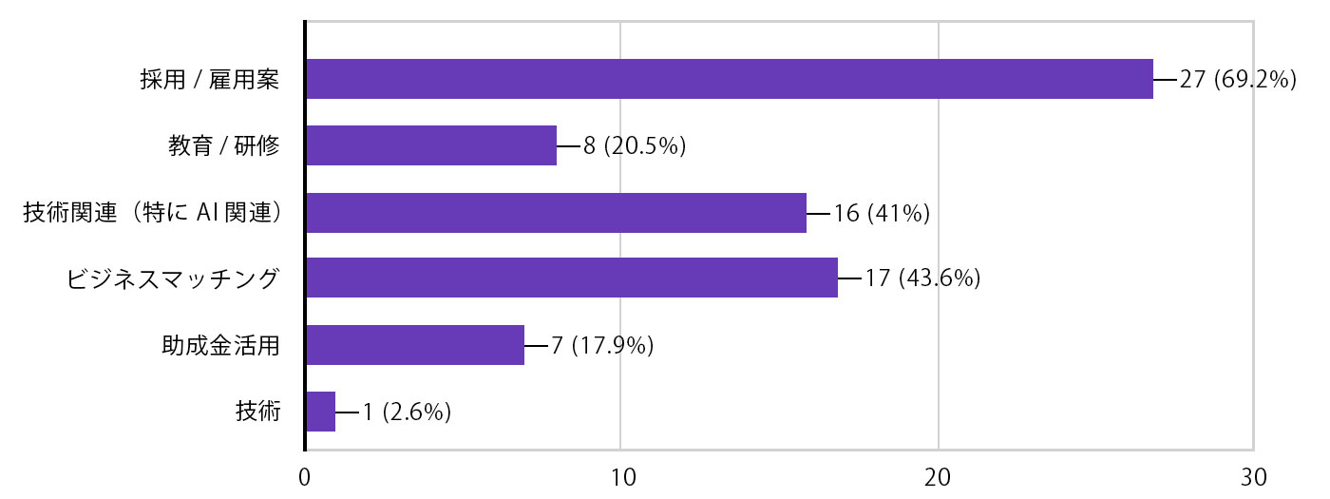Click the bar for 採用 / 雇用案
[x=730, y=80]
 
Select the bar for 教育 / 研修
[x=431, y=146]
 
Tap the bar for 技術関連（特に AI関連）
[x=556, y=213]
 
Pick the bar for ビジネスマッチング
[x=572, y=278]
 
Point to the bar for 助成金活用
[x=415, y=345]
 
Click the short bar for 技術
[x=320, y=412]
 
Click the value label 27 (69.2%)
[x=1238, y=80]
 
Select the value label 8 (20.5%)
[x=635, y=146]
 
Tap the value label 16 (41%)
[x=881, y=213]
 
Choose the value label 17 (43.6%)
[x=922, y=278]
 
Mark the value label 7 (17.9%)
[x=602, y=345]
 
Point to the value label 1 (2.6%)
[x=406, y=412]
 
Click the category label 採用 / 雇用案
[x=209, y=80]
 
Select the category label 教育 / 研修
[x=223, y=146]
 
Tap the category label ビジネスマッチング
[x=174, y=278]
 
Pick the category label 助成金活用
[x=220, y=345]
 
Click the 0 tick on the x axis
[x=305, y=477]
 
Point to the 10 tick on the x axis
[x=621, y=477]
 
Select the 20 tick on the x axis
[x=938, y=477]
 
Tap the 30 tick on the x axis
[x=1254, y=477]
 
